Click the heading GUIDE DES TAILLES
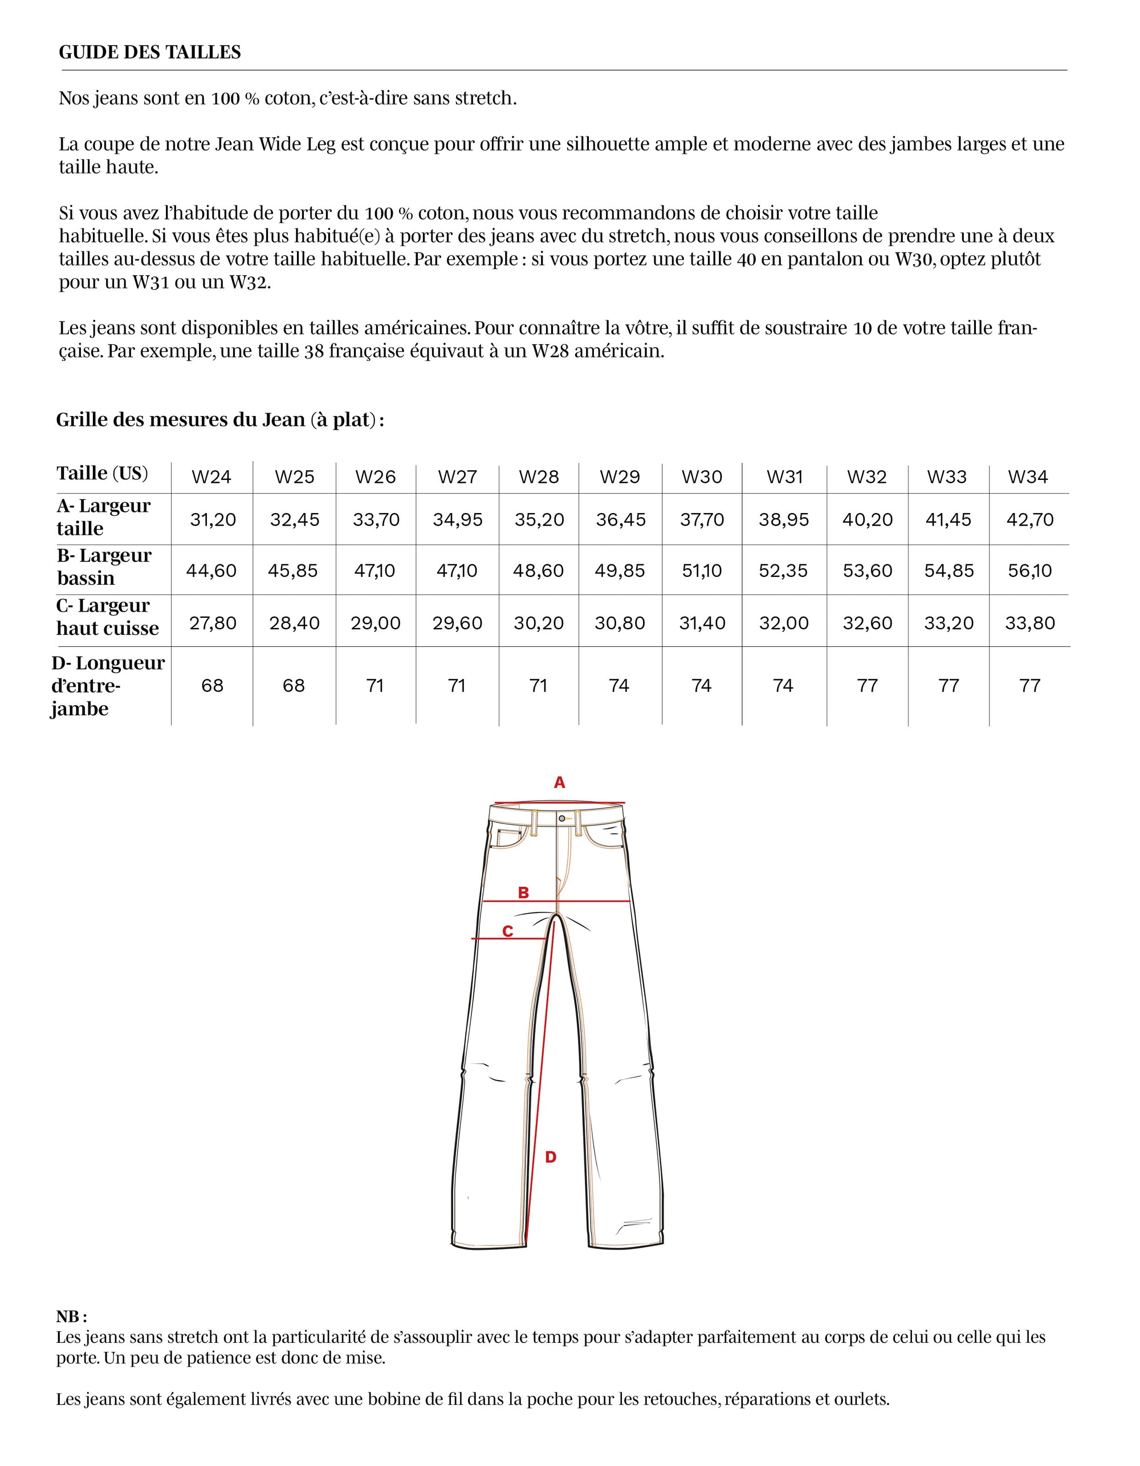[x=150, y=52]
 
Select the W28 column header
[x=539, y=477]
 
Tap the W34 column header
[x=1028, y=477]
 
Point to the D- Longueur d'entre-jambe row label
[x=107, y=685]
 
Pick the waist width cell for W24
[x=213, y=520]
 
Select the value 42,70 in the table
[x=1030, y=520]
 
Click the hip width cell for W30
[x=702, y=571]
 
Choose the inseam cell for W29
[x=619, y=685]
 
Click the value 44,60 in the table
[x=211, y=571]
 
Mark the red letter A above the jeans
[x=559, y=783]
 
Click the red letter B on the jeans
[x=524, y=893]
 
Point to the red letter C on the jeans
[x=507, y=932]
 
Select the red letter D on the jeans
[x=551, y=1157]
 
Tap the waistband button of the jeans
[x=561, y=818]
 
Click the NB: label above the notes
[x=72, y=1316]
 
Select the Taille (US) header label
[x=102, y=473]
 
